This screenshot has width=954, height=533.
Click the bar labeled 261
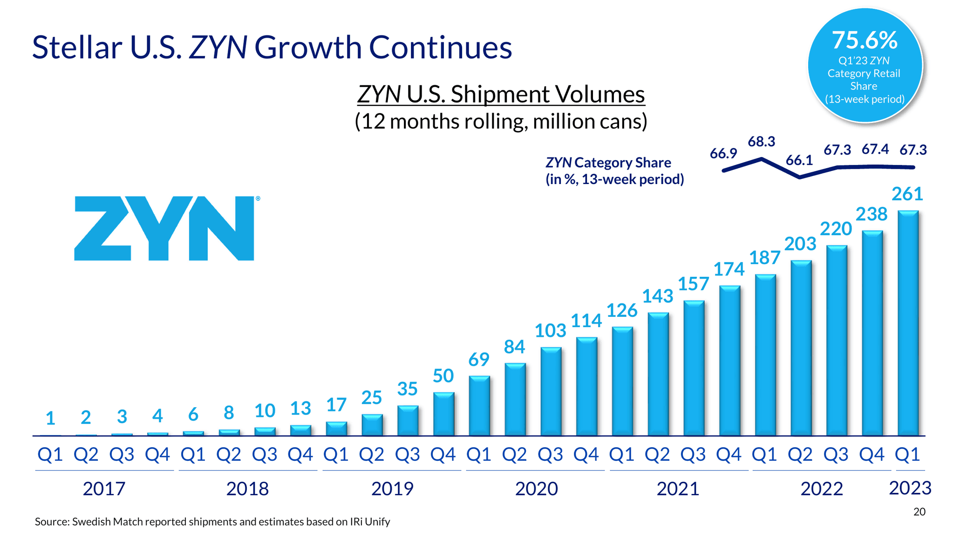(x=908, y=323)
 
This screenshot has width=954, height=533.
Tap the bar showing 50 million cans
(x=443, y=414)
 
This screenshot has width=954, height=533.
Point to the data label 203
(x=800, y=244)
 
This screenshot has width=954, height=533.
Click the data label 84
(x=514, y=347)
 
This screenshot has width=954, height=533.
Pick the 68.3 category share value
(x=761, y=142)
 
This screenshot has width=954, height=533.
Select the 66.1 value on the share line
(x=799, y=160)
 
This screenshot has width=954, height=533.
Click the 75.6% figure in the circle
(x=865, y=40)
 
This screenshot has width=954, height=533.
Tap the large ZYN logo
(x=164, y=228)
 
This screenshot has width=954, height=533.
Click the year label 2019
(x=392, y=489)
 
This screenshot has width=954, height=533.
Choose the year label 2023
(x=910, y=488)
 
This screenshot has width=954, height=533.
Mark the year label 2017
(x=104, y=489)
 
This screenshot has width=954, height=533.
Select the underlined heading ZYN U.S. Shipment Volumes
(x=501, y=94)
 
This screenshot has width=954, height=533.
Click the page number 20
(x=919, y=512)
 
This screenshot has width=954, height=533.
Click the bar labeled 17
(x=336, y=429)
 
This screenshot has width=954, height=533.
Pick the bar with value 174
(x=729, y=361)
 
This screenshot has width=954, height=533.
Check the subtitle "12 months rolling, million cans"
(x=501, y=121)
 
